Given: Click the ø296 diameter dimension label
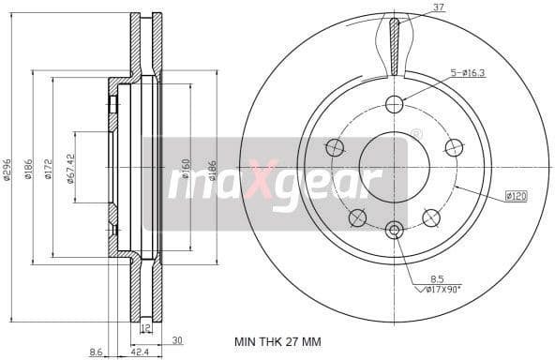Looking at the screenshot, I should coord(7,171).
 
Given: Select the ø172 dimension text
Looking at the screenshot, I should coord(45,171).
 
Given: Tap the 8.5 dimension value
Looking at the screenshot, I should coord(438,278).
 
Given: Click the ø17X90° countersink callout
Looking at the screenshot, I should coord(443,291).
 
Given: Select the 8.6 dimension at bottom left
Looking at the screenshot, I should coord(95,352).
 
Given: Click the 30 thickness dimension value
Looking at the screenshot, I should coord(177,340).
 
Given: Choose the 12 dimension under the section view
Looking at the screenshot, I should coord(145,329).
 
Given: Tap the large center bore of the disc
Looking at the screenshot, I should coord(394,166).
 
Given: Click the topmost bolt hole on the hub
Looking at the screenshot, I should coord(394,103).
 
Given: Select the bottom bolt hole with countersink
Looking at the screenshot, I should coord(394,230).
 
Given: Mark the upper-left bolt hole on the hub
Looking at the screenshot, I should coord(334,147).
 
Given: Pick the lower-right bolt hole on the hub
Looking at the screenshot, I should coord(431,217).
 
